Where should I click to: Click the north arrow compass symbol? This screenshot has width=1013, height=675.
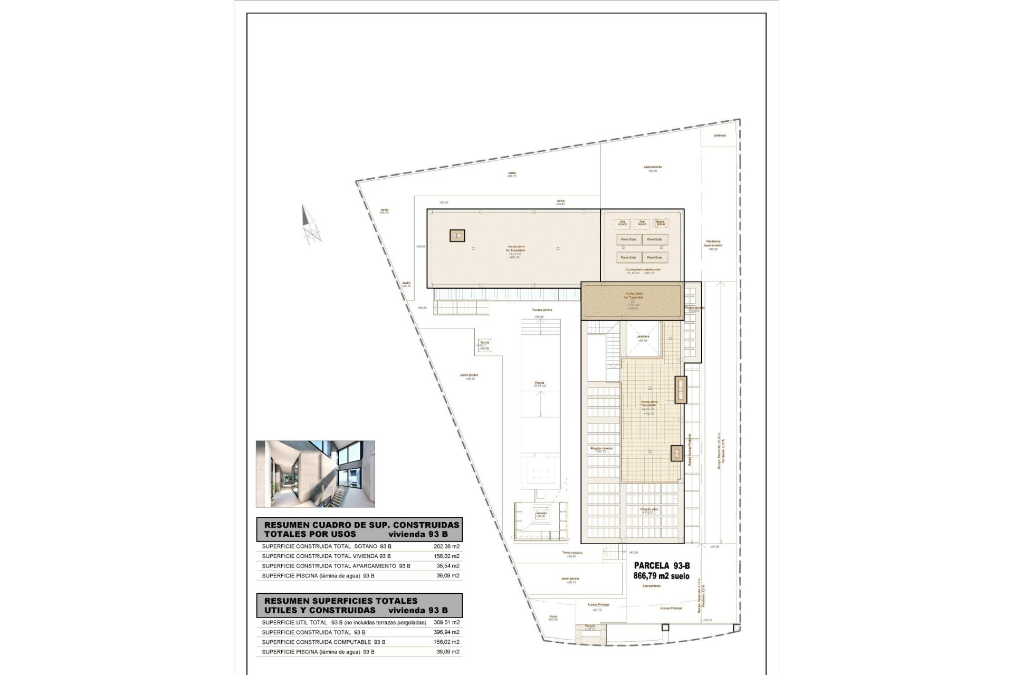tap(311, 225)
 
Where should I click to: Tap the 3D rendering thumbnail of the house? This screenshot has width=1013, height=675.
tap(316, 474)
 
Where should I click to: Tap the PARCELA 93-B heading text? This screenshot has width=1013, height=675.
tap(662, 566)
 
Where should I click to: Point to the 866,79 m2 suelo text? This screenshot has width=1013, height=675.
tap(661, 576)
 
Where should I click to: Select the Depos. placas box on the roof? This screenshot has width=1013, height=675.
tap(660, 223)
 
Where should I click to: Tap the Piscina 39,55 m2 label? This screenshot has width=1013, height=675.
tap(539, 384)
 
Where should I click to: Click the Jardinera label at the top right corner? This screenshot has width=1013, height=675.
tap(719, 136)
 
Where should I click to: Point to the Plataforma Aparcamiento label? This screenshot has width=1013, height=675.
tap(713, 245)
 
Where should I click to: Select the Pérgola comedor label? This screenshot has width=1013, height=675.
tap(601, 449)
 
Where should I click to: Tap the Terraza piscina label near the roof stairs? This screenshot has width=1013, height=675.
tap(541, 310)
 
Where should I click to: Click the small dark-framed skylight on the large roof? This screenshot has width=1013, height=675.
tap(457, 236)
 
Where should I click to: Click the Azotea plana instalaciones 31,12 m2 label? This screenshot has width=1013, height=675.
tap(643, 271)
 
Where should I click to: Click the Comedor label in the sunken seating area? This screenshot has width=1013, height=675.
tap(541, 514)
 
